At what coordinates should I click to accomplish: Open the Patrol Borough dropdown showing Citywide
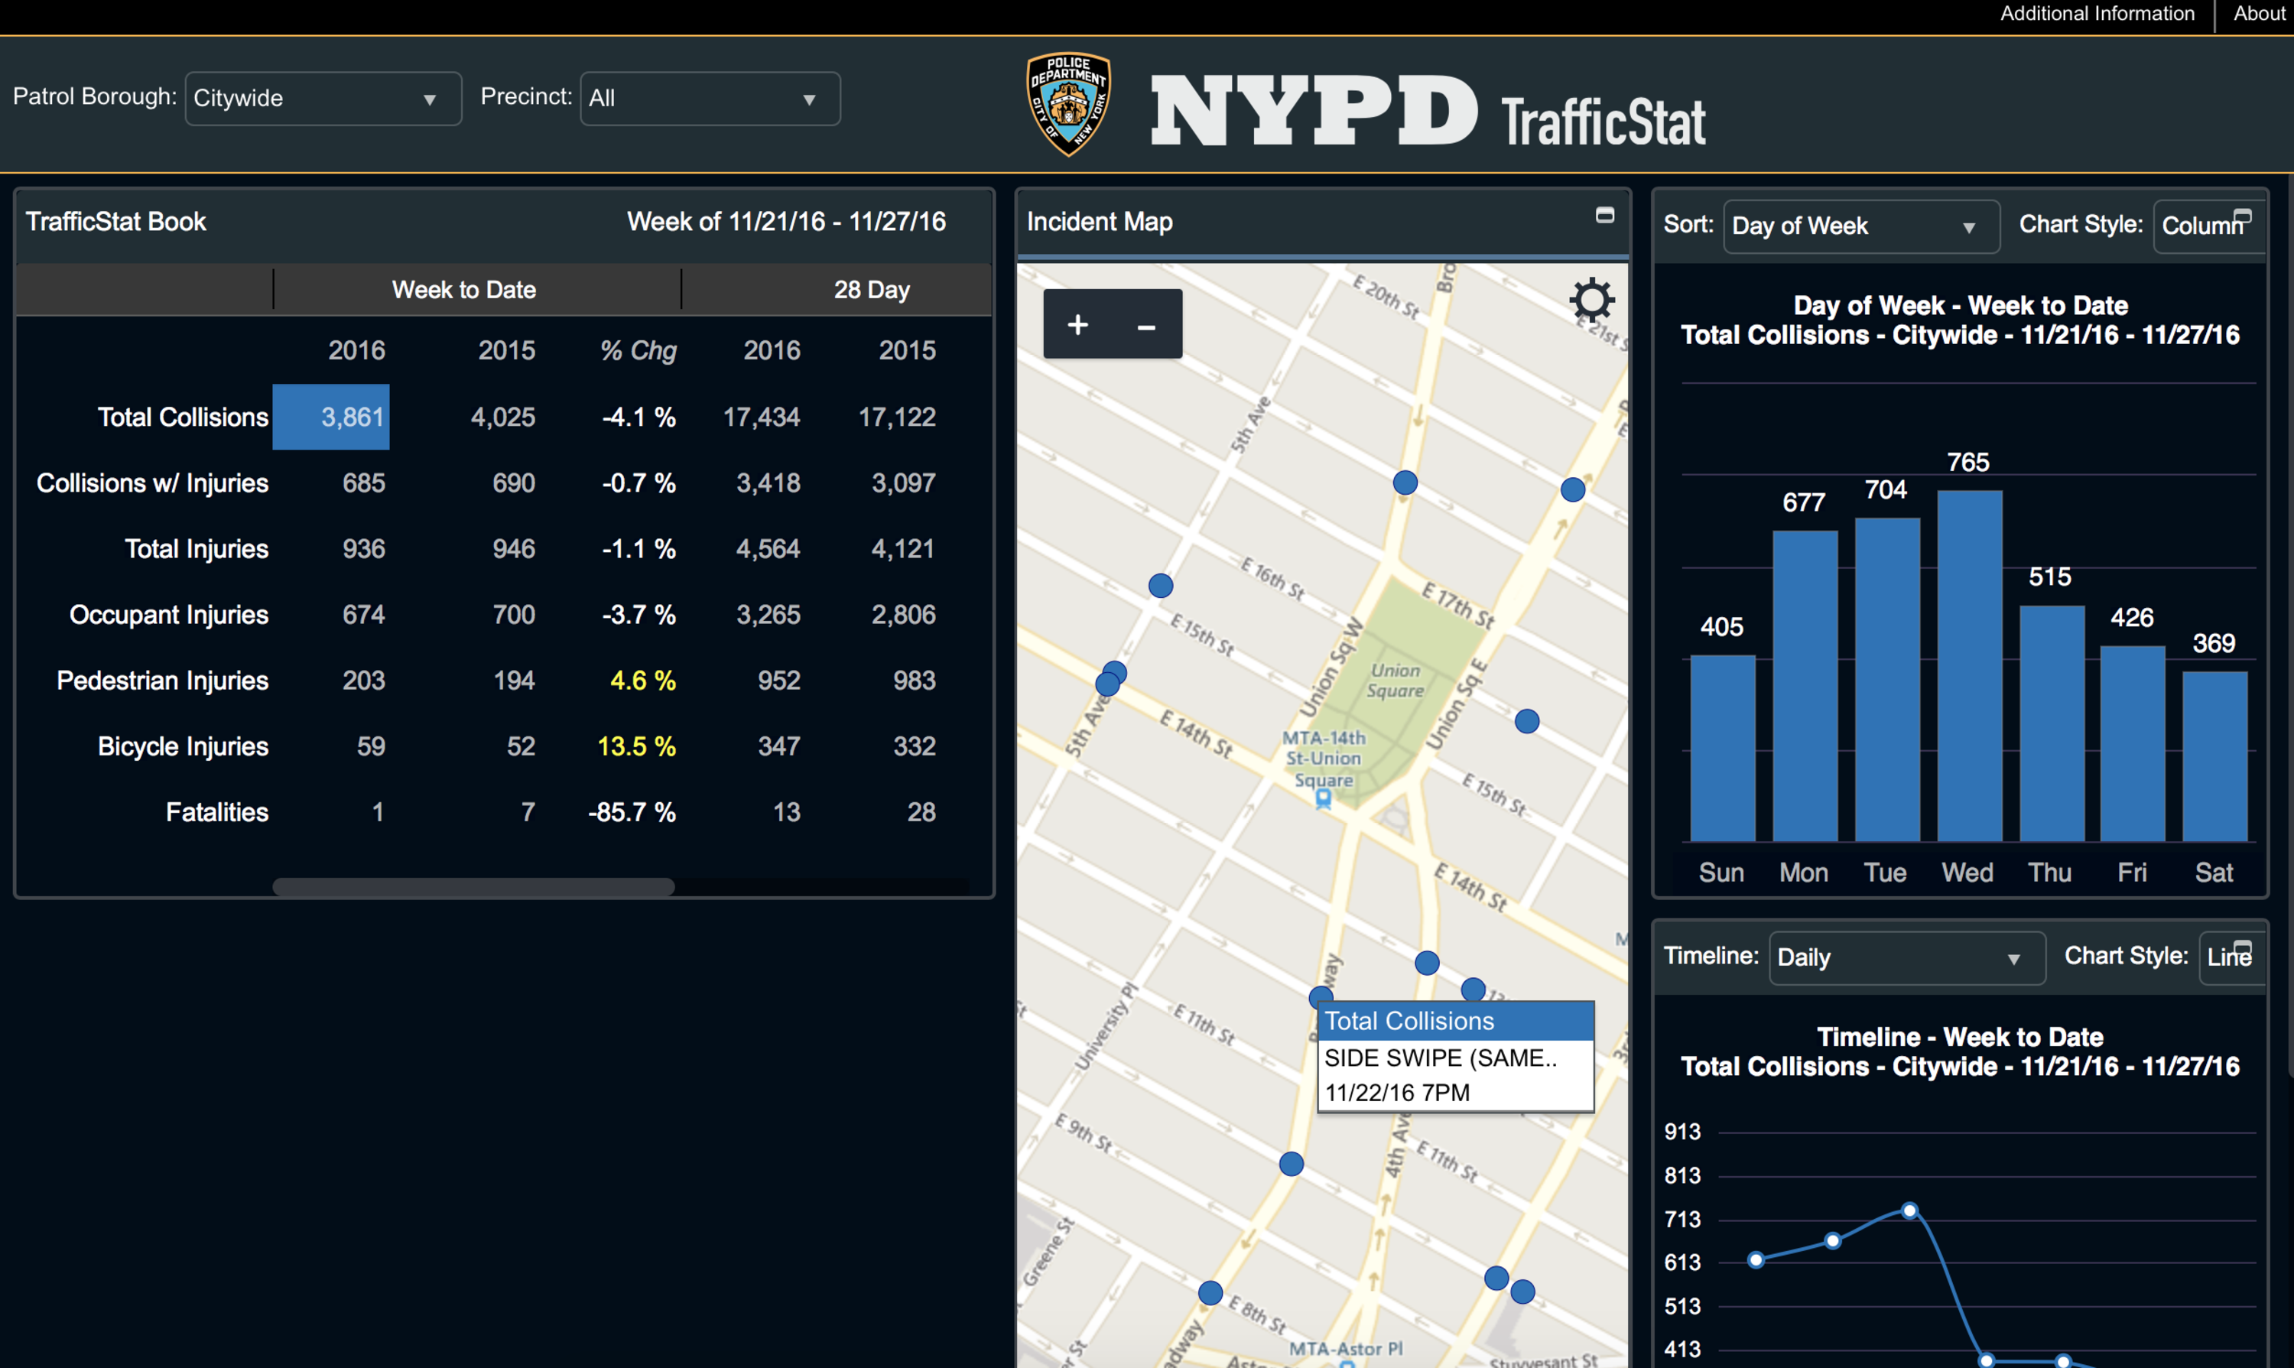coord(323,99)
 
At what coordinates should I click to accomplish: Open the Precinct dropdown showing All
coord(710,99)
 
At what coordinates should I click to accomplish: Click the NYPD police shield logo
coord(1068,103)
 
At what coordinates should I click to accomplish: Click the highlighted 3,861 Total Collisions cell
coord(331,417)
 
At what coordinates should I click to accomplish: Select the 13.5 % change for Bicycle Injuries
coord(636,746)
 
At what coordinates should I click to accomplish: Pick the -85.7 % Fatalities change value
coord(632,812)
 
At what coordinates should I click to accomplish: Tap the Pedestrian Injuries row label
coord(162,681)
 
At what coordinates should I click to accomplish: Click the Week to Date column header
coord(463,290)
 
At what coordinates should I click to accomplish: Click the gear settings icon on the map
coord(1592,301)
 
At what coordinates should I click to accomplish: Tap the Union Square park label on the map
coord(1395,681)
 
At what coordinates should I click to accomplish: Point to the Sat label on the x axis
coord(2214,872)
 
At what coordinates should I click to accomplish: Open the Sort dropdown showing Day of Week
coord(1860,226)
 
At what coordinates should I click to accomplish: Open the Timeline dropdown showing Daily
coord(1905,958)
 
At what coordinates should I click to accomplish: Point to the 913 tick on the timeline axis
coord(1682,1131)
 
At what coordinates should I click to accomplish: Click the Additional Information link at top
coord(2097,14)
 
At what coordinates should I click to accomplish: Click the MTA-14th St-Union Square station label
coord(1324,759)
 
